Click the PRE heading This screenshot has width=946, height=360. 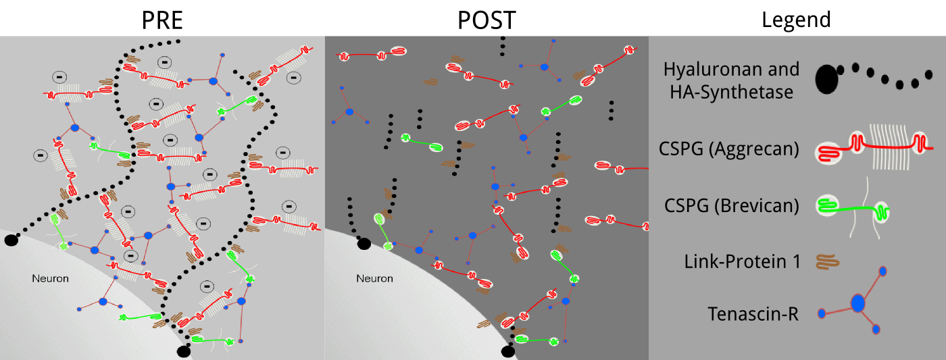pyautogui.click(x=162, y=20)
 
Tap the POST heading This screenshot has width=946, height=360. pyautogui.click(x=486, y=20)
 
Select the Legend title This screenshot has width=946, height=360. pyautogui.click(x=795, y=20)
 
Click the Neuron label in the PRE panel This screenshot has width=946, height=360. pyautogui.click(x=51, y=278)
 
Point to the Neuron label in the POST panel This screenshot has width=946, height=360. pyautogui.click(x=374, y=278)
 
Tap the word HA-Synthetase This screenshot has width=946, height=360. pyautogui.click(x=731, y=92)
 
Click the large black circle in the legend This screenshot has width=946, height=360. pyautogui.click(x=826, y=80)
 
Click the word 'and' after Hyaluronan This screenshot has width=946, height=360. pyautogui.click(x=787, y=70)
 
